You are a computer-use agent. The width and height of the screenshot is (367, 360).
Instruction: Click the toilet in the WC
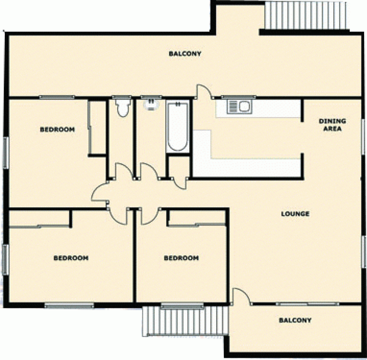[x=121, y=107]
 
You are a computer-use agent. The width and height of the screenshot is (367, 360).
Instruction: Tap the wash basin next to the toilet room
[x=150, y=104]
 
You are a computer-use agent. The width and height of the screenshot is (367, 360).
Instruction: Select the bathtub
[x=177, y=127]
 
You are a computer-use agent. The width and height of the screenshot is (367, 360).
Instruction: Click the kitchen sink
[x=239, y=106]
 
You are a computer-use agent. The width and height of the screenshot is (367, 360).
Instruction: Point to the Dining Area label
[x=332, y=125]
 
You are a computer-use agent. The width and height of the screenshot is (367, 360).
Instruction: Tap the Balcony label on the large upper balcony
[x=185, y=54]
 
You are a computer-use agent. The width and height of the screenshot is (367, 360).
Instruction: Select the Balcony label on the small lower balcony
[x=295, y=320]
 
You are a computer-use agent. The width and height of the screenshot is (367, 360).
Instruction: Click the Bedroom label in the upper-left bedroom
[x=57, y=129]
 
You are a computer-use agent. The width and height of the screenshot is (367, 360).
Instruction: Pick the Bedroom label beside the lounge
[x=181, y=258]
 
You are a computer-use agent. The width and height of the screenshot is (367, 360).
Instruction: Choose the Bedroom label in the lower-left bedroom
[x=71, y=258]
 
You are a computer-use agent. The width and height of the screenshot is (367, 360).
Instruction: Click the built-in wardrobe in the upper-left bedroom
[x=97, y=127]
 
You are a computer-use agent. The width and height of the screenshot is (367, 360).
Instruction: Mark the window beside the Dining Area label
[x=364, y=132]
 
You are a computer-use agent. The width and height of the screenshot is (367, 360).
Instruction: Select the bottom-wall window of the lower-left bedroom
[x=69, y=305]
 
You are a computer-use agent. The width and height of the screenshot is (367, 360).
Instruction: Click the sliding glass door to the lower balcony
[x=308, y=304]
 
